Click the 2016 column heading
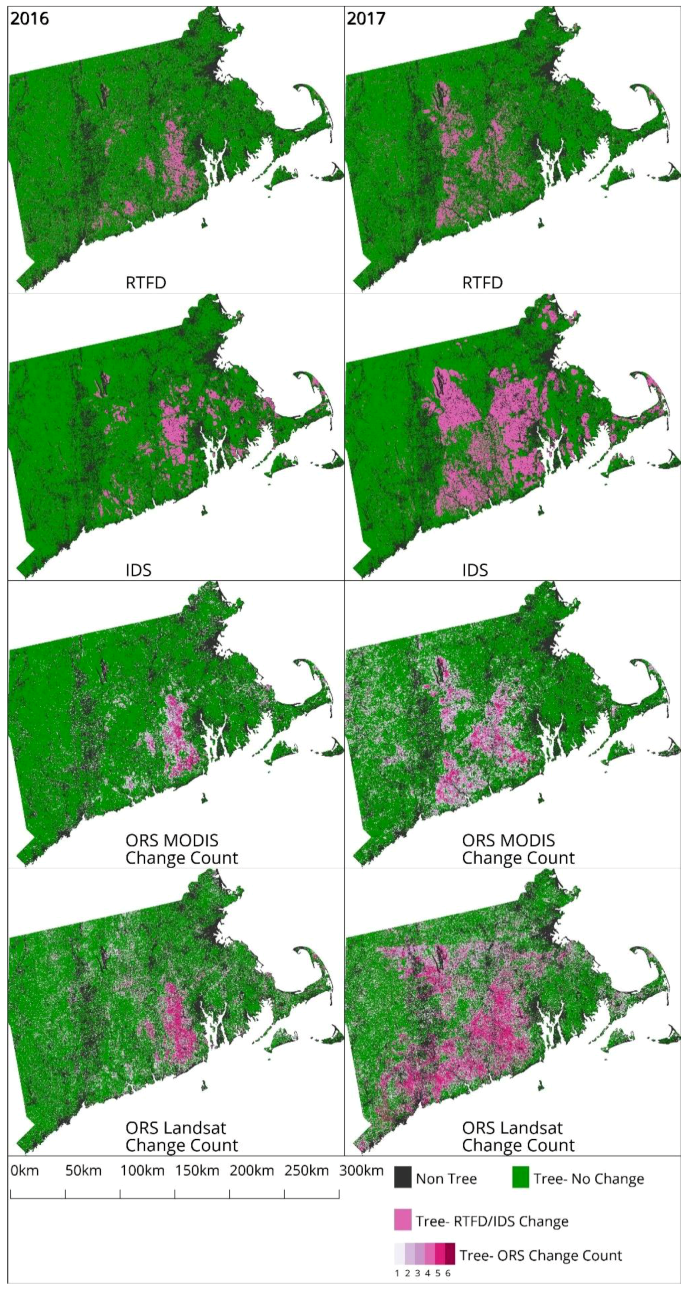coord(30,19)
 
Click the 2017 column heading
coord(366,19)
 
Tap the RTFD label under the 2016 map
coord(146,283)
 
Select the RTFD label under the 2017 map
coord(482,283)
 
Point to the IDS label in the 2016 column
coord(138,570)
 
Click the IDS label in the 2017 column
coord(475,570)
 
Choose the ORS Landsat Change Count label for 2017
coord(518,1137)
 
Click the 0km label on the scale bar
coord(25,1170)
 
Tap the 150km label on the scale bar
coord(197,1170)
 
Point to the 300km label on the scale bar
coord(361,1170)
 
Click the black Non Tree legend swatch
coord(403,1179)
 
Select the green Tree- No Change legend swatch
coord(521,1179)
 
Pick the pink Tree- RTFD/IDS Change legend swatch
coord(403,1221)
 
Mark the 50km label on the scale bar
coord(84,1170)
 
